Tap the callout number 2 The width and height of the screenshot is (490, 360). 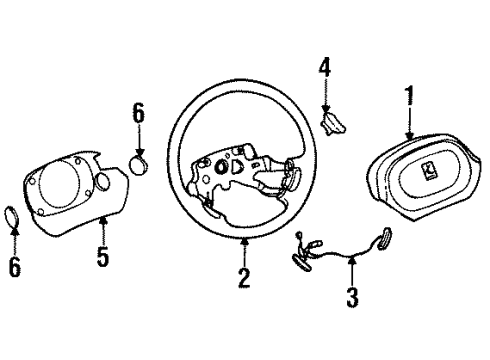pyautogui.click(x=244, y=277)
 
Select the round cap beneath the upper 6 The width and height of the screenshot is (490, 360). pyautogui.click(x=140, y=162)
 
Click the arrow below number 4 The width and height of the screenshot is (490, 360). pyautogui.click(x=324, y=95)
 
